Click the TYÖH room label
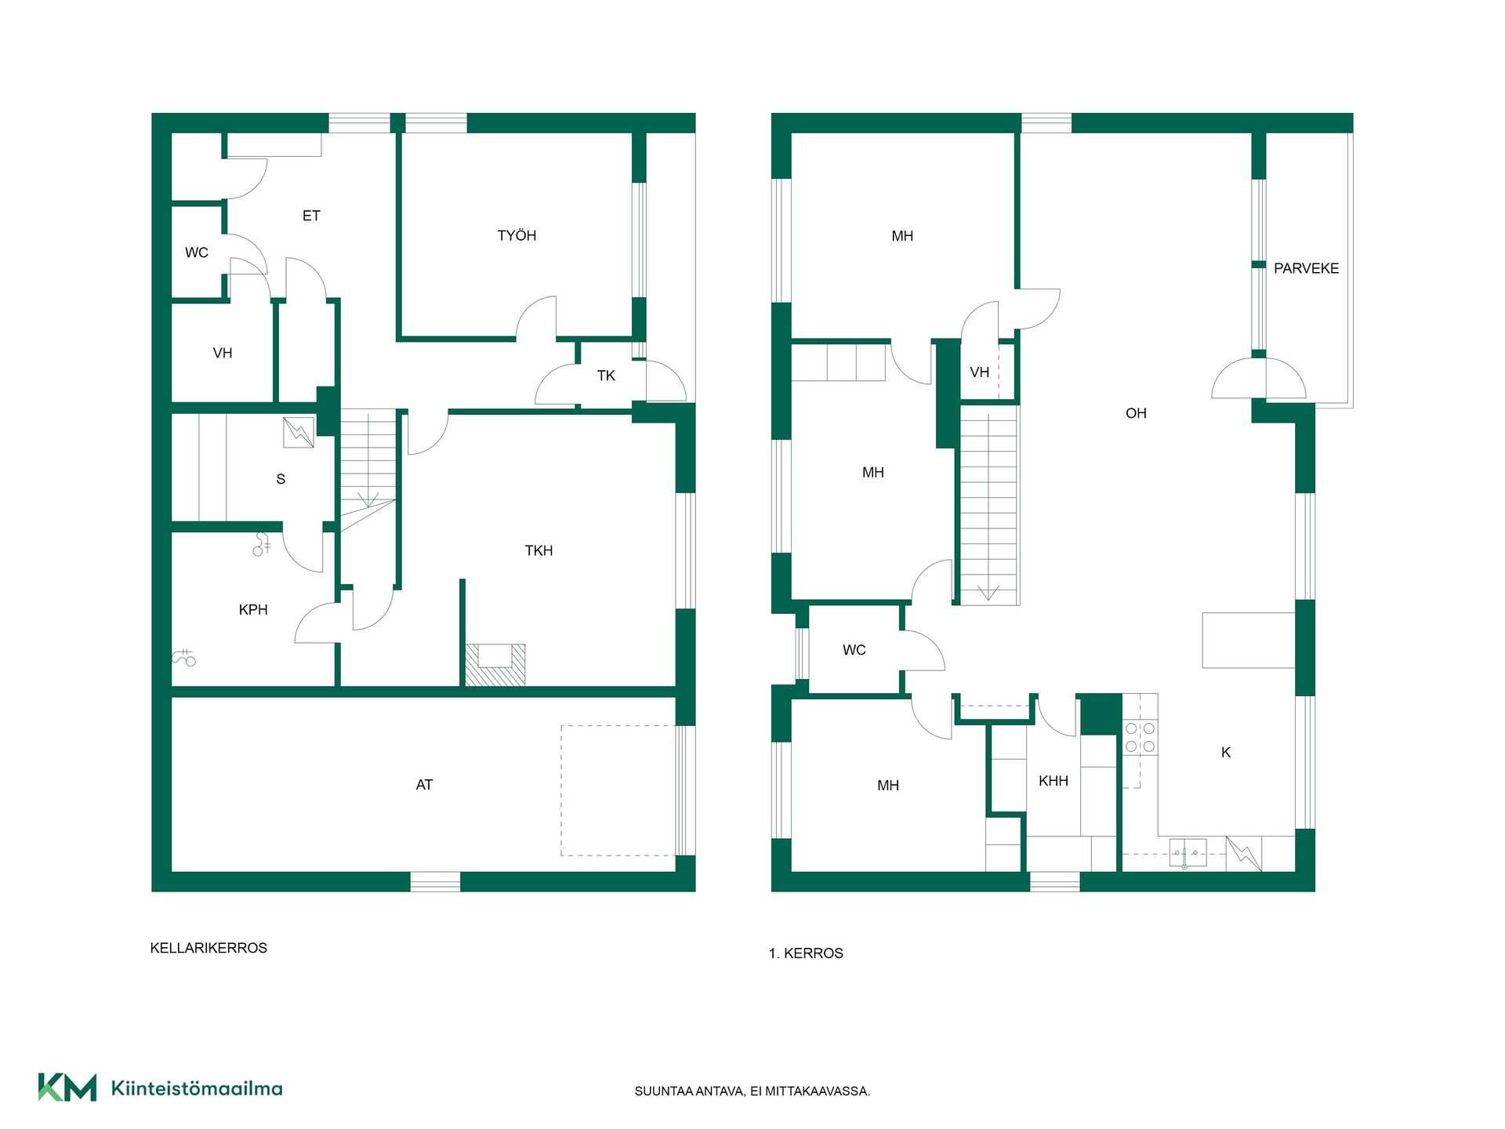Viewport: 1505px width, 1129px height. (517, 235)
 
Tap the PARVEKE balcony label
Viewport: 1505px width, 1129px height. (1306, 268)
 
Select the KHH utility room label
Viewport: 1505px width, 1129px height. (1053, 781)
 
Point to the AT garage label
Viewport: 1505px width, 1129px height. (424, 785)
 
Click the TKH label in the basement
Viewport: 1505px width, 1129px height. (539, 551)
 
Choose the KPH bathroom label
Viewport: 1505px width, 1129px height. (253, 610)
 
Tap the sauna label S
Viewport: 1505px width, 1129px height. (281, 479)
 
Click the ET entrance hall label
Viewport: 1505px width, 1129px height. (311, 216)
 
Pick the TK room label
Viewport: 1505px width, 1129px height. (606, 376)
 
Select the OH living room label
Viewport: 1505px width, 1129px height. (1136, 413)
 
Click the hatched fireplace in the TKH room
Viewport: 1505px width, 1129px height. (495, 665)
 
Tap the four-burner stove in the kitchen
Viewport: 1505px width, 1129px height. (1140, 737)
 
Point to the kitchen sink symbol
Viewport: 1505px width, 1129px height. (1188, 853)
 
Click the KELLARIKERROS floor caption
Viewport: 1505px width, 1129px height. (209, 948)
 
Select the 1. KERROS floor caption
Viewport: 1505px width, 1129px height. (806, 953)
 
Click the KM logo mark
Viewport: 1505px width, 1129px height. (67, 1087)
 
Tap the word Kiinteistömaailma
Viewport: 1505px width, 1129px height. (197, 1088)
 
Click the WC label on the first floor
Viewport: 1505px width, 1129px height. (854, 650)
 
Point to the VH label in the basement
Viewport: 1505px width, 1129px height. (223, 354)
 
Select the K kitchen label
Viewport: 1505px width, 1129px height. (1226, 753)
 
